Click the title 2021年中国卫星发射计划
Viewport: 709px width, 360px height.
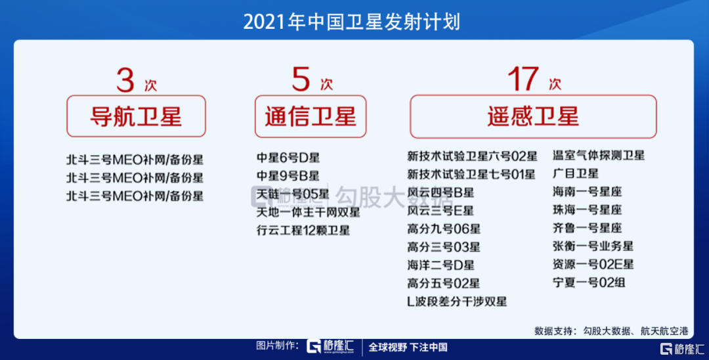click(352, 22)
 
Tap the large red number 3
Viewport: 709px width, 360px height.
click(125, 80)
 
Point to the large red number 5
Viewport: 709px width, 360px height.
click(301, 79)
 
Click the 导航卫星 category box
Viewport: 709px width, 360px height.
click(136, 116)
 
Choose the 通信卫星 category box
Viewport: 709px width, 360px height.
click(311, 116)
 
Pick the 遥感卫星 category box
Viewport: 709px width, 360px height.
click(533, 116)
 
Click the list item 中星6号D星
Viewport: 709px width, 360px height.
click(288, 158)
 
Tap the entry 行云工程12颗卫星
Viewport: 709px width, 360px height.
click(303, 230)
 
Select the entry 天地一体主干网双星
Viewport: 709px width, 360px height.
click(309, 212)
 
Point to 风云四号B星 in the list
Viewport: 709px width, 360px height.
click(440, 192)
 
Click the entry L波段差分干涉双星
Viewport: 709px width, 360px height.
click(457, 302)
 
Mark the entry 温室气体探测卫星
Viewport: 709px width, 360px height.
click(599, 156)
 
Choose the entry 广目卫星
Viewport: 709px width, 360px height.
click(576, 173)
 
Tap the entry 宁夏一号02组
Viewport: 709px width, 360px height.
click(589, 282)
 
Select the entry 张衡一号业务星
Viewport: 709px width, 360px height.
click(593, 246)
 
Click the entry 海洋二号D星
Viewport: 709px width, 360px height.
click(440, 265)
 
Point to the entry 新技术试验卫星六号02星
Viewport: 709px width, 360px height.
click(472, 156)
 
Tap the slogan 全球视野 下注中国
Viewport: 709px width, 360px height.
click(408, 347)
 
